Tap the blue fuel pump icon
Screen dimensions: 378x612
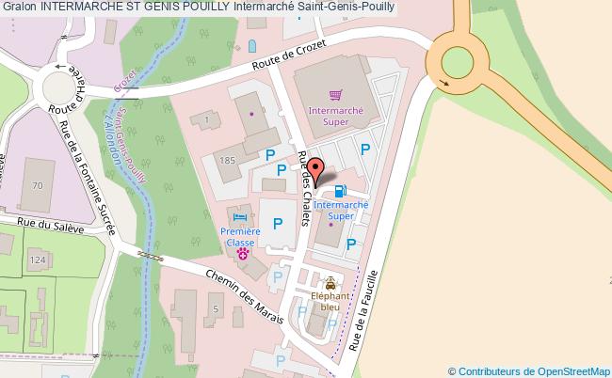click(x=340, y=190)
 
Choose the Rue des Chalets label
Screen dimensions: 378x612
click(x=303, y=188)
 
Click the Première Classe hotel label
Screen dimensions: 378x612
click(x=240, y=234)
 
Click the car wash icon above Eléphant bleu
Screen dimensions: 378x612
click(x=330, y=282)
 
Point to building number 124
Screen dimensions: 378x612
click(x=36, y=259)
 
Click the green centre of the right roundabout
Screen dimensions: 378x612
click(x=458, y=62)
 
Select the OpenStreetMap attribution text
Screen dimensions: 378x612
click(x=529, y=370)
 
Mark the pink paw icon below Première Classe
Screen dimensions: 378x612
click(x=242, y=252)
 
